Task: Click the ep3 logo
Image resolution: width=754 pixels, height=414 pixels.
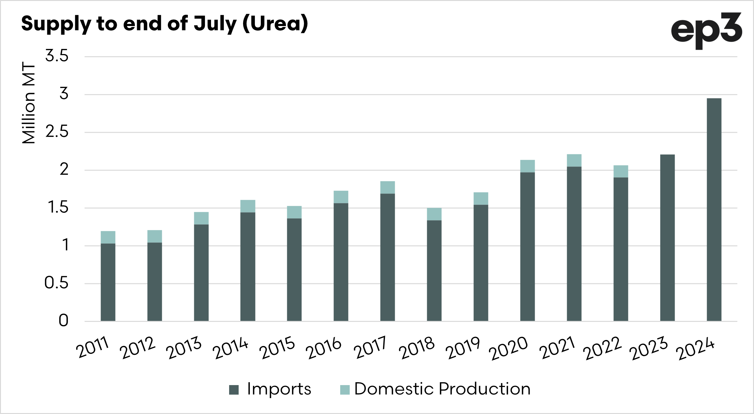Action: (706, 31)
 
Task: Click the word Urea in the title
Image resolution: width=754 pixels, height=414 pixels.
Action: (275, 24)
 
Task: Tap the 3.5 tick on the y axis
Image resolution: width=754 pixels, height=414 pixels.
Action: (57, 56)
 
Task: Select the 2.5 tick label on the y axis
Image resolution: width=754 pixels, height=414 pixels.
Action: (57, 132)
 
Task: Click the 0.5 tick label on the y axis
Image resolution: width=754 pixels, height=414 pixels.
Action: (56, 283)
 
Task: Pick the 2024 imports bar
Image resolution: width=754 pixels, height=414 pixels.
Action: (714, 210)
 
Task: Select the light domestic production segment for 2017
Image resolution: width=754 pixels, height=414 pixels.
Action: (387, 187)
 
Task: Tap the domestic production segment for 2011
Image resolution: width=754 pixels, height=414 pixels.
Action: (108, 237)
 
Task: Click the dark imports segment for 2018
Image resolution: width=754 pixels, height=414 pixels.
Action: (434, 270)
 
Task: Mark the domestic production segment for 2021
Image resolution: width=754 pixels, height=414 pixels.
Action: (574, 160)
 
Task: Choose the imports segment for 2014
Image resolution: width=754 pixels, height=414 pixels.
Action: (248, 267)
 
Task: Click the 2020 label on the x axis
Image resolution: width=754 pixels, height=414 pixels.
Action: (508, 349)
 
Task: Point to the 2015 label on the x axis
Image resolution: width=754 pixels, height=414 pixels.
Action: (277, 348)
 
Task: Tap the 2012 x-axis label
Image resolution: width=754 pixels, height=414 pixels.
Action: (137, 348)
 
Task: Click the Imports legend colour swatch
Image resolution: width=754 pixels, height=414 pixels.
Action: (234, 390)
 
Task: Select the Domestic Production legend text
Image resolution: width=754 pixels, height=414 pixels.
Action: (442, 389)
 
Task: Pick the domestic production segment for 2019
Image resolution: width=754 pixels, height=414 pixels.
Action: (481, 199)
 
